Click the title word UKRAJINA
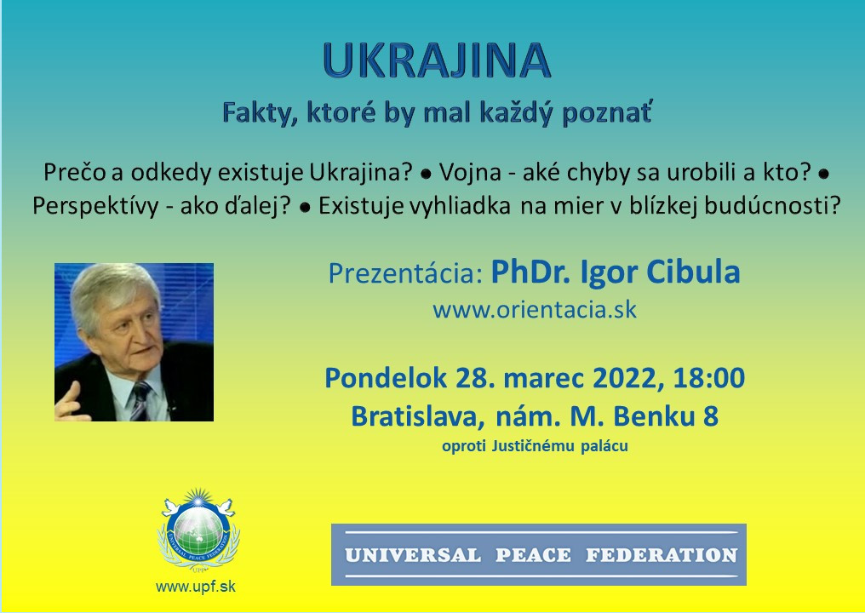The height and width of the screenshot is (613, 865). pyautogui.click(x=437, y=60)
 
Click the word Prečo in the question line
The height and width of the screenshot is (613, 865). pyautogui.click(x=75, y=173)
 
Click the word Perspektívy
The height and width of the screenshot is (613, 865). pyautogui.click(x=95, y=206)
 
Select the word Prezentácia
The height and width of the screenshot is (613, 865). pyautogui.click(x=405, y=273)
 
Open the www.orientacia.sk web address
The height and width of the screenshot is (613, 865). pyautogui.click(x=535, y=310)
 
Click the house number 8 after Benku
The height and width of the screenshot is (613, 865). pyautogui.click(x=711, y=416)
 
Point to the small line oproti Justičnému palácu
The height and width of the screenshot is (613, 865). pyautogui.click(x=535, y=446)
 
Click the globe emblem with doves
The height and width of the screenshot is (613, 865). pyautogui.click(x=198, y=530)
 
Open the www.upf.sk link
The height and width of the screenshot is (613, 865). pyautogui.click(x=196, y=587)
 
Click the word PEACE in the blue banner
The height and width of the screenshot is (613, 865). pyautogui.click(x=533, y=555)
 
